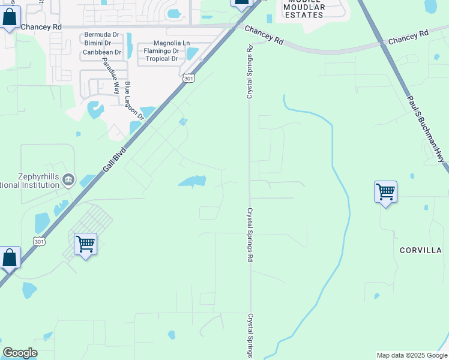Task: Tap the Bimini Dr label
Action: coord(97,43)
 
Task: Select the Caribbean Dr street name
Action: coord(102,52)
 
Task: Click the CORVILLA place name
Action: coord(421,250)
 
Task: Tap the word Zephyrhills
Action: coord(30,176)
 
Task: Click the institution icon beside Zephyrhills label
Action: coord(68,179)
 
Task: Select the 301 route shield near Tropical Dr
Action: coord(188,78)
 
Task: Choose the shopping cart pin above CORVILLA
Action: coord(385,193)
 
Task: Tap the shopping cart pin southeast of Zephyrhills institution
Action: coord(86,244)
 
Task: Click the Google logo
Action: coord(20,353)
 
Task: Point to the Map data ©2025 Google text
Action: coord(412,355)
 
